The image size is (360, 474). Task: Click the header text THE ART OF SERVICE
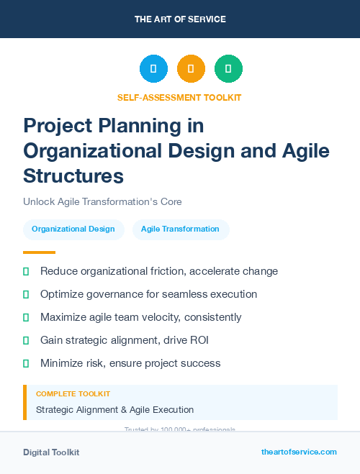pyautogui.click(x=180, y=19)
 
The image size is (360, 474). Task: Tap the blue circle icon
pyautogui.click(x=153, y=69)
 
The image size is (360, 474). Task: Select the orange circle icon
pyautogui.click(x=191, y=69)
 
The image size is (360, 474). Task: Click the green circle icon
pyautogui.click(x=228, y=69)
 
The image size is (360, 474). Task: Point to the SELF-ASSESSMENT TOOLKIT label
pyautogui.click(x=179, y=97)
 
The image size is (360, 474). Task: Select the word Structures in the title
pyautogui.click(x=73, y=176)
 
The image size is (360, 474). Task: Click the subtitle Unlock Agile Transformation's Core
pyautogui.click(x=102, y=201)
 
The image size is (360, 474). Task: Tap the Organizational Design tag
pyautogui.click(x=73, y=229)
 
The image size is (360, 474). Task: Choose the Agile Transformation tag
pyautogui.click(x=180, y=229)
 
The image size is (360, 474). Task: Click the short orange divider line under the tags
pyautogui.click(x=39, y=252)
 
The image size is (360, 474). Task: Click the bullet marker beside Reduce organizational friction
pyautogui.click(x=26, y=272)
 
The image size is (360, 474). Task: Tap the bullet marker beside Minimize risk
pyautogui.click(x=26, y=363)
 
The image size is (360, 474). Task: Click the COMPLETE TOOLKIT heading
pyautogui.click(x=73, y=394)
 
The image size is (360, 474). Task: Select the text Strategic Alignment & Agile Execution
pyautogui.click(x=114, y=410)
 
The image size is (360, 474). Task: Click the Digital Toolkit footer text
pyautogui.click(x=51, y=452)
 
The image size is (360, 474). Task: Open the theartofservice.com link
pyautogui.click(x=299, y=452)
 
